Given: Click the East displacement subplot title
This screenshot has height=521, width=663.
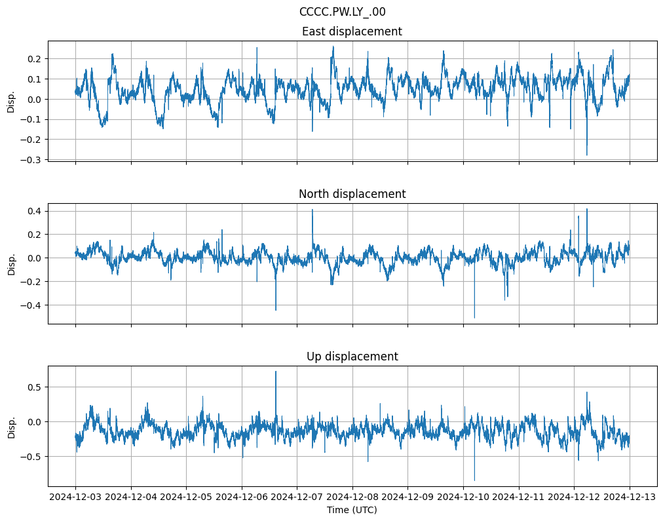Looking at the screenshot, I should point(352,31).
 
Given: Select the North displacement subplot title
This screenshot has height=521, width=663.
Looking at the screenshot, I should point(352,194).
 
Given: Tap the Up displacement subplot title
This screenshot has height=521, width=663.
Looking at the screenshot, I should point(352,357).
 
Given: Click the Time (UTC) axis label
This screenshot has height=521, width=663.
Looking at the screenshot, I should point(352,510).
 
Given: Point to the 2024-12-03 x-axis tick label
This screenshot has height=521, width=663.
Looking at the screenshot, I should point(75,497).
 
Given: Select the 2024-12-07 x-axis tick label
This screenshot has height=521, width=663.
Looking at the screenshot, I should point(297,497).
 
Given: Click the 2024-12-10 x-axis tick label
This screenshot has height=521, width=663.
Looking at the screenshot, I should point(463,497).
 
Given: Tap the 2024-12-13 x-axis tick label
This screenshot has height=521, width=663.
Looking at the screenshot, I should point(630,497).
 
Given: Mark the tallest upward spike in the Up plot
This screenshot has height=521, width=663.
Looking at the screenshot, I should point(276,372).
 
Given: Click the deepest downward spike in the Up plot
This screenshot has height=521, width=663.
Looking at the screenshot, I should point(474,480).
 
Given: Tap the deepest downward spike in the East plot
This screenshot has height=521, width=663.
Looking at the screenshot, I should point(586,155).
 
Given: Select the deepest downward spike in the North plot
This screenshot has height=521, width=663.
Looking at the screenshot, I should point(474,318).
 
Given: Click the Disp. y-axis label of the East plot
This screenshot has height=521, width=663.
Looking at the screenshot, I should point(11,101).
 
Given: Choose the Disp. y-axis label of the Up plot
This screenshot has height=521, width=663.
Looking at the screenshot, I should point(11,426).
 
